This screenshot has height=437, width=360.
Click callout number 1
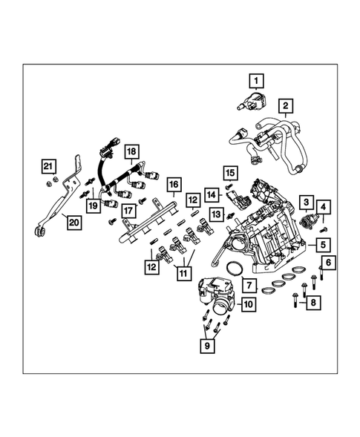click(x=256, y=80)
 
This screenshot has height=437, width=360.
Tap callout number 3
click(x=304, y=201)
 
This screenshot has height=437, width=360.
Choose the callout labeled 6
click(x=328, y=262)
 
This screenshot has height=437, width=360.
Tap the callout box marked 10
click(x=247, y=303)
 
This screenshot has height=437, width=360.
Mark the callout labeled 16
click(x=174, y=183)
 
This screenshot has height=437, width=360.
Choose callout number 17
click(x=128, y=210)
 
